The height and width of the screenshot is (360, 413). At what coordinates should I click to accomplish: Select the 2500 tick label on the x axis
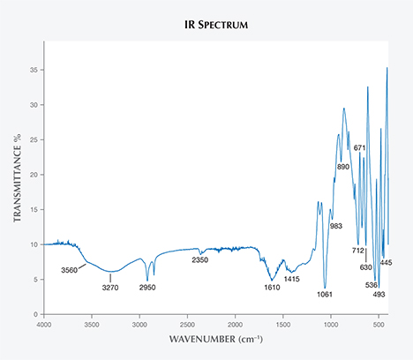[187, 324]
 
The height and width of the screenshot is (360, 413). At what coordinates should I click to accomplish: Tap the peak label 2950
[146, 288]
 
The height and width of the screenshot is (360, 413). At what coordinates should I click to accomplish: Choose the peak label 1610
[273, 288]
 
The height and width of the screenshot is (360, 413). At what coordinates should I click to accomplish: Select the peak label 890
[343, 167]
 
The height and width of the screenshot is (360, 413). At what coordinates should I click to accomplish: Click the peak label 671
[360, 147]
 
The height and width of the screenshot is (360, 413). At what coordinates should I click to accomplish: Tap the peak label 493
[379, 294]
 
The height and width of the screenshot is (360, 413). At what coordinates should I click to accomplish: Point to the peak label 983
[336, 227]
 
